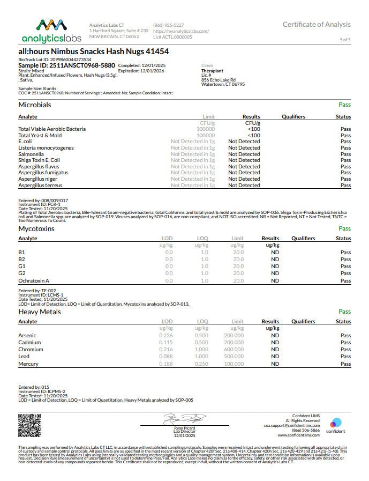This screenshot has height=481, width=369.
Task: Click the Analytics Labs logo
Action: coord(51,31)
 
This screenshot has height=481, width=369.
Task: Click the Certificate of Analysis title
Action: coord(317,24)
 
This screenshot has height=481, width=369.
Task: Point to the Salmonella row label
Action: coord(31,154)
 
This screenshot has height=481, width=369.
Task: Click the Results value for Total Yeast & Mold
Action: coord(253,135)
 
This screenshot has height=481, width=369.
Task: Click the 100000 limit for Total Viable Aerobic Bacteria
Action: coord(206,129)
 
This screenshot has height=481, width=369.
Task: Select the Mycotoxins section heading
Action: coord(36,228)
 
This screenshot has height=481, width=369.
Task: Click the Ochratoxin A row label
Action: coord(34,280)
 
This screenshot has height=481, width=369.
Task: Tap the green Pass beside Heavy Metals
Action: coord(344,312)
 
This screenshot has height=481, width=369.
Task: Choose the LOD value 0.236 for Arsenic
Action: coord(166,335)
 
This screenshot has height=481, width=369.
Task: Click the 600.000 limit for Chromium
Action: coord(234,350)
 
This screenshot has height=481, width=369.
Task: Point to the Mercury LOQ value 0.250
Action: coord(201,364)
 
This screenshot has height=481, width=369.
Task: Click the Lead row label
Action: coord(24,357)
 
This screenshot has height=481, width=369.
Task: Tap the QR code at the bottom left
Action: coord(29,426)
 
